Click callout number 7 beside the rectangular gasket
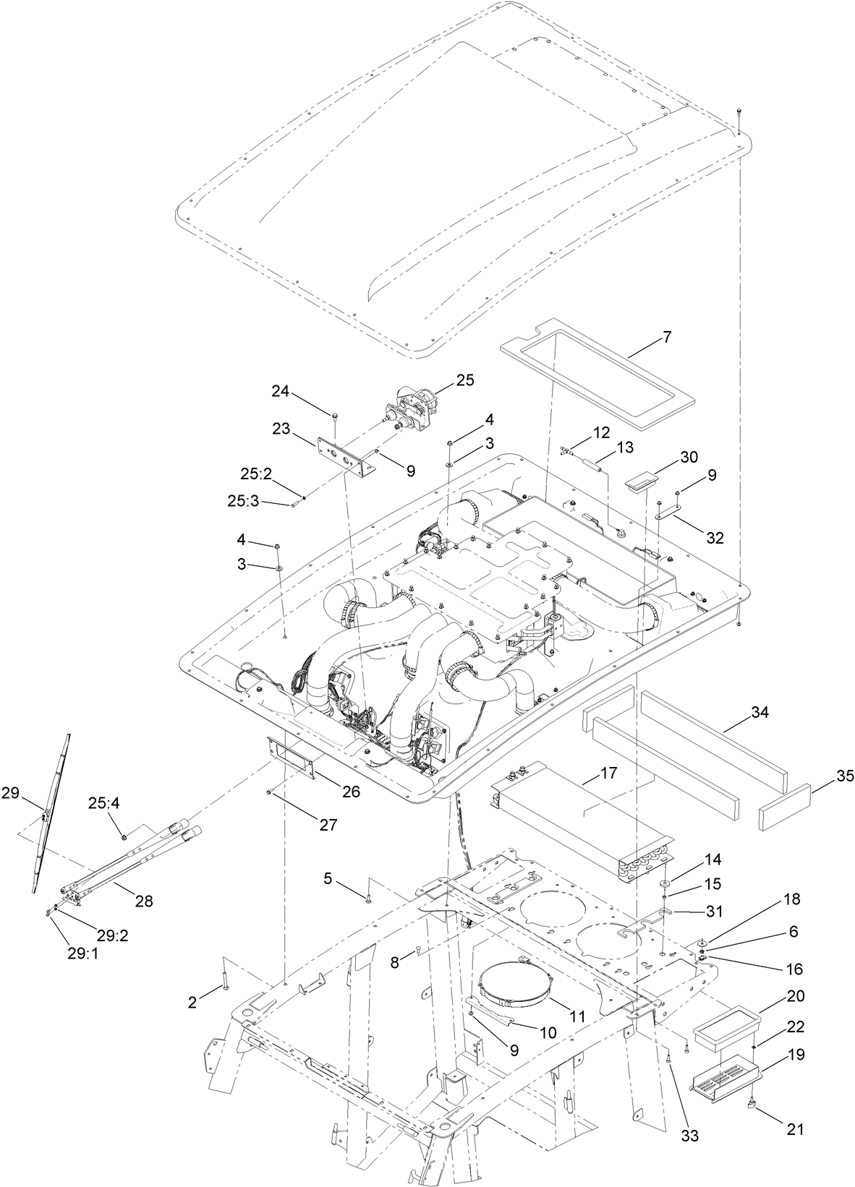666,337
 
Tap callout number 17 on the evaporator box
609,773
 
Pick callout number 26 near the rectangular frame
352,792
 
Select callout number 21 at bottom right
796,1128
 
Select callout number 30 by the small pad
689,457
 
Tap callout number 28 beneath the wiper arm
143,901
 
